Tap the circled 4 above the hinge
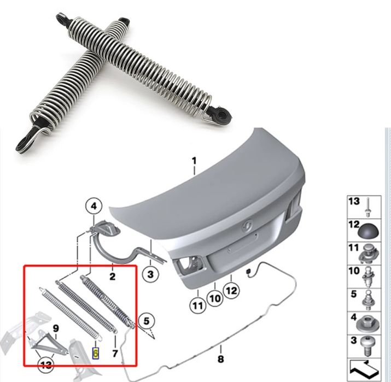[x=94, y=206]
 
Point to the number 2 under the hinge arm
[x=113, y=277]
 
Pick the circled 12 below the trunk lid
[x=231, y=291]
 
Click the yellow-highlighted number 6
[x=96, y=353]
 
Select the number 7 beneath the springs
[x=115, y=353]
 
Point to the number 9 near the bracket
[x=55, y=328]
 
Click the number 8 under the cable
[x=220, y=359]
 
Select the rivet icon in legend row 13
[x=371, y=205]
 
